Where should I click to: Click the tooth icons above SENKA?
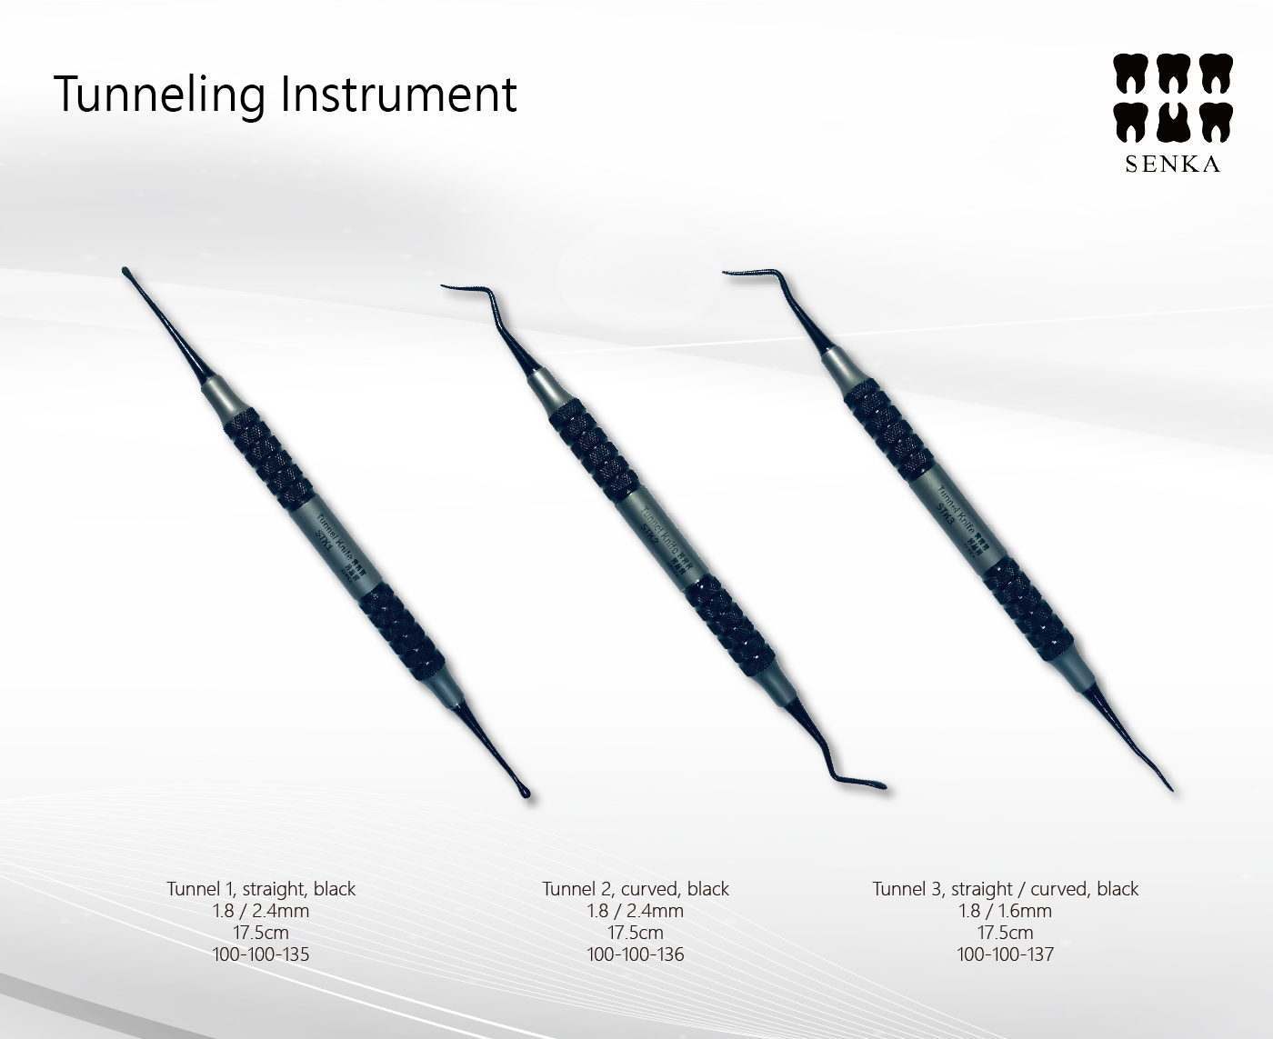click(x=1172, y=98)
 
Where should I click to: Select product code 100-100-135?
click(x=260, y=954)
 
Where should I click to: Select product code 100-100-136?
click(x=636, y=954)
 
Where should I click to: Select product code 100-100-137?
click(x=1005, y=954)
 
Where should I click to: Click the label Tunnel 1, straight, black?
click(x=261, y=889)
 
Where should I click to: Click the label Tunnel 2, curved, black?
click(x=636, y=889)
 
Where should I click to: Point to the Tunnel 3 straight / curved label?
click(x=1005, y=889)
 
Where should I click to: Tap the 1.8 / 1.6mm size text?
click(x=1005, y=911)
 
